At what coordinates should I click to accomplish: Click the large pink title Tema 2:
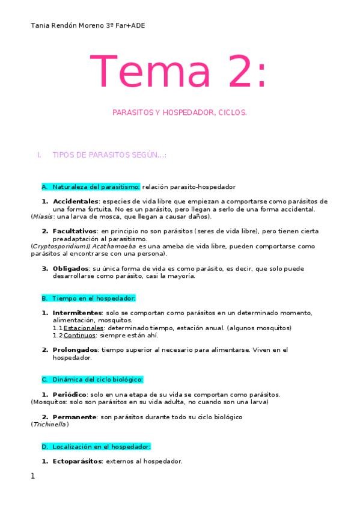pos(177,71)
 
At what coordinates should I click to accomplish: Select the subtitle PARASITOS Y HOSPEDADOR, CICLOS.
pos(180,112)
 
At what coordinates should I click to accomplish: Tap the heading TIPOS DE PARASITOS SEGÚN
pos(109,155)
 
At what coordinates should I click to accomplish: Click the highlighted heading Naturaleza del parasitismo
pos(96,186)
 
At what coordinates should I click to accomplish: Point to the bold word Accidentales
pos(75,201)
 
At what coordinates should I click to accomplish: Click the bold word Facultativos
pos(75,231)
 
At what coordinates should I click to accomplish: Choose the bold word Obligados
pos(70,268)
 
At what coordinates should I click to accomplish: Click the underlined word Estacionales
pos(82,328)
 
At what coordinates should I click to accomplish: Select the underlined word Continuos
pos(79,336)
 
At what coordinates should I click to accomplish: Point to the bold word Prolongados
pos(76,350)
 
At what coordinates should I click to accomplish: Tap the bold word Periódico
pos(72,395)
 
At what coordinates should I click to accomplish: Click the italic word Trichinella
pos(50,425)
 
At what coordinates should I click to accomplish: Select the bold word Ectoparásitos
pos(78,462)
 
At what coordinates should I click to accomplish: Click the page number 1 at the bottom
pos(32,476)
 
